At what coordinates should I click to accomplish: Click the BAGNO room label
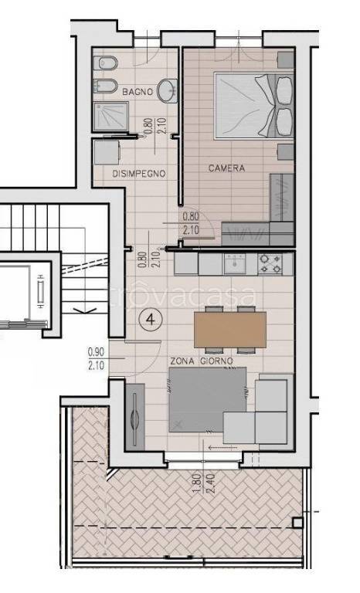[x=138, y=92]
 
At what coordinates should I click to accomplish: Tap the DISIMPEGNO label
[x=139, y=174]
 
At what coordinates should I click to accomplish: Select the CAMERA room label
[x=227, y=168]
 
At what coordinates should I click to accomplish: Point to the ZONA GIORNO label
[x=202, y=361]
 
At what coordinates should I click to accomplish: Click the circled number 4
[x=151, y=320]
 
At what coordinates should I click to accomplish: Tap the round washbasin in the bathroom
[x=167, y=91]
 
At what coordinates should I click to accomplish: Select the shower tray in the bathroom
[x=110, y=117]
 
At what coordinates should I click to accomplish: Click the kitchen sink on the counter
[x=235, y=263]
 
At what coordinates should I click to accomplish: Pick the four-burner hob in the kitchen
[x=270, y=264]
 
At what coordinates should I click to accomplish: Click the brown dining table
[x=230, y=330]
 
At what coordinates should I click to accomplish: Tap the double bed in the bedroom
[x=254, y=106]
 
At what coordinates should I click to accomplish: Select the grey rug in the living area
[x=207, y=400]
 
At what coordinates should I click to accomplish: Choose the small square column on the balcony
[x=298, y=523]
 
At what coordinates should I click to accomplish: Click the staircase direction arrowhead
[x=85, y=311]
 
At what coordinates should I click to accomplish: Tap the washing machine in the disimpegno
[x=107, y=152]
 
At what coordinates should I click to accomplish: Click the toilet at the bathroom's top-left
[x=105, y=63]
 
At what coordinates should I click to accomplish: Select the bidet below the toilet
[x=105, y=86]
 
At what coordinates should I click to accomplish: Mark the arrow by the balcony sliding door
[x=223, y=448]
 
